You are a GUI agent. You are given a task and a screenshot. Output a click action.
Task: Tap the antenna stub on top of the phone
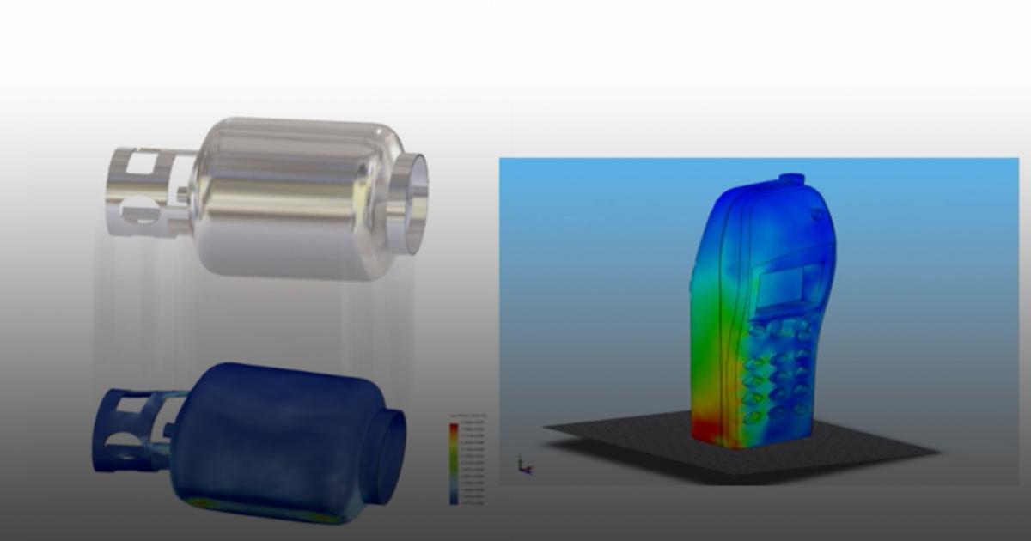point(791,179)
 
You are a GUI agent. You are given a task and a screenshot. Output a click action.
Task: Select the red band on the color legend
point(453,427)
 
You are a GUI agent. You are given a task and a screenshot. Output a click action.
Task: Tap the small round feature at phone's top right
point(816,214)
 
